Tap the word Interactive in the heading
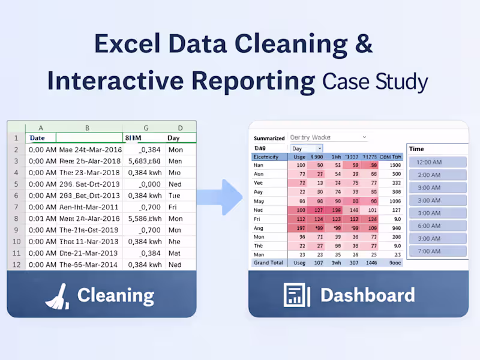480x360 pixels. pos(181,81)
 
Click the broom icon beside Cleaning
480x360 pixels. pos(58,295)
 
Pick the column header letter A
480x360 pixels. pos(41,127)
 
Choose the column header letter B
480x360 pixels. pos(88,127)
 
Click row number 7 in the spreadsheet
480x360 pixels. pos(16,207)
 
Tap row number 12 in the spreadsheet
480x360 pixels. pos(16,264)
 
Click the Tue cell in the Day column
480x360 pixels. pos(175,196)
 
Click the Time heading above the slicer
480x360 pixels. pos(416,149)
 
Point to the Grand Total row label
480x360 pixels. pos(269,262)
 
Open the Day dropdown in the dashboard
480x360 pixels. pos(307,148)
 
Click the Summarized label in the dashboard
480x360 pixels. pos(269,138)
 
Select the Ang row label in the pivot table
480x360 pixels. pos(259,228)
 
